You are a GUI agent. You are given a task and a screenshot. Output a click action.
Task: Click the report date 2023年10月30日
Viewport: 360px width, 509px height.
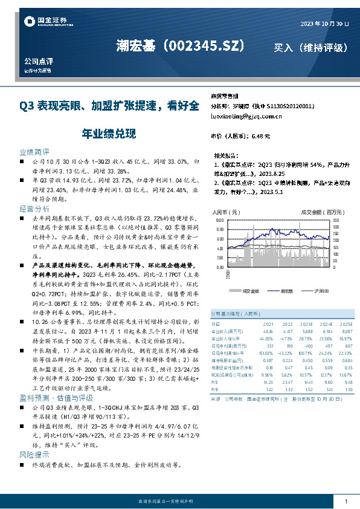click(x=324, y=24)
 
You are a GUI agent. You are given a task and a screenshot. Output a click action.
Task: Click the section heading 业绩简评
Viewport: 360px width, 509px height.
click(x=34, y=152)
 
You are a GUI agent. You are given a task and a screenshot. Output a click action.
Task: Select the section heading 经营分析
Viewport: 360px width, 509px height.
click(x=34, y=207)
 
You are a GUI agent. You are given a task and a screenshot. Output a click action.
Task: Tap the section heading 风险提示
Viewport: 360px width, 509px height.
click(x=34, y=453)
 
